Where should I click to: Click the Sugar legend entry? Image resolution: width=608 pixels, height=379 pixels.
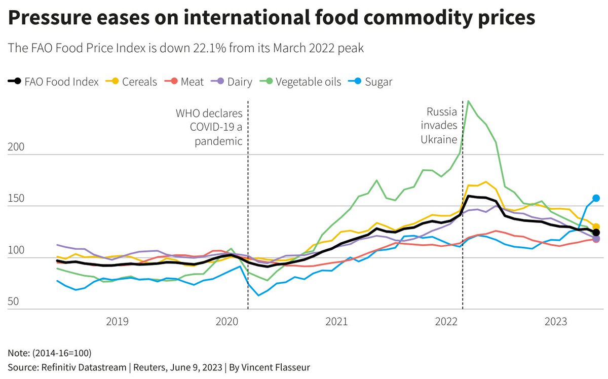[x=372, y=82]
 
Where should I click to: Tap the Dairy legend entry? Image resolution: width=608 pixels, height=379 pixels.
[x=234, y=82]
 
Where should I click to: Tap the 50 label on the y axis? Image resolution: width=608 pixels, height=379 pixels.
[x=14, y=301]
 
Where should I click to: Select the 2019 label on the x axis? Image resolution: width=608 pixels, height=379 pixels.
[x=117, y=321]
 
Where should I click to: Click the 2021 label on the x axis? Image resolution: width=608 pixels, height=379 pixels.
[x=336, y=321]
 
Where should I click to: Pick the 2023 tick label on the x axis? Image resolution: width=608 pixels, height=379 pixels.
[x=556, y=321]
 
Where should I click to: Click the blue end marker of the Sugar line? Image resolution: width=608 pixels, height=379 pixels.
[x=596, y=198]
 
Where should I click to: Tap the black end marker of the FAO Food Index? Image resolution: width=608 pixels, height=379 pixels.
[x=596, y=218]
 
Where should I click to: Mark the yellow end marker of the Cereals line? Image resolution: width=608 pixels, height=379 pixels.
[x=596, y=227]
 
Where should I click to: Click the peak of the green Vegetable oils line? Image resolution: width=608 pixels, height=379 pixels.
[x=469, y=101]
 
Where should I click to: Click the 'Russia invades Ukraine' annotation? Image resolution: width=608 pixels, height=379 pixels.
[x=439, y=125]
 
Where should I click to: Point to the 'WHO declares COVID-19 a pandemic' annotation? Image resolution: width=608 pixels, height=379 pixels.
[x=209, y=127]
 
